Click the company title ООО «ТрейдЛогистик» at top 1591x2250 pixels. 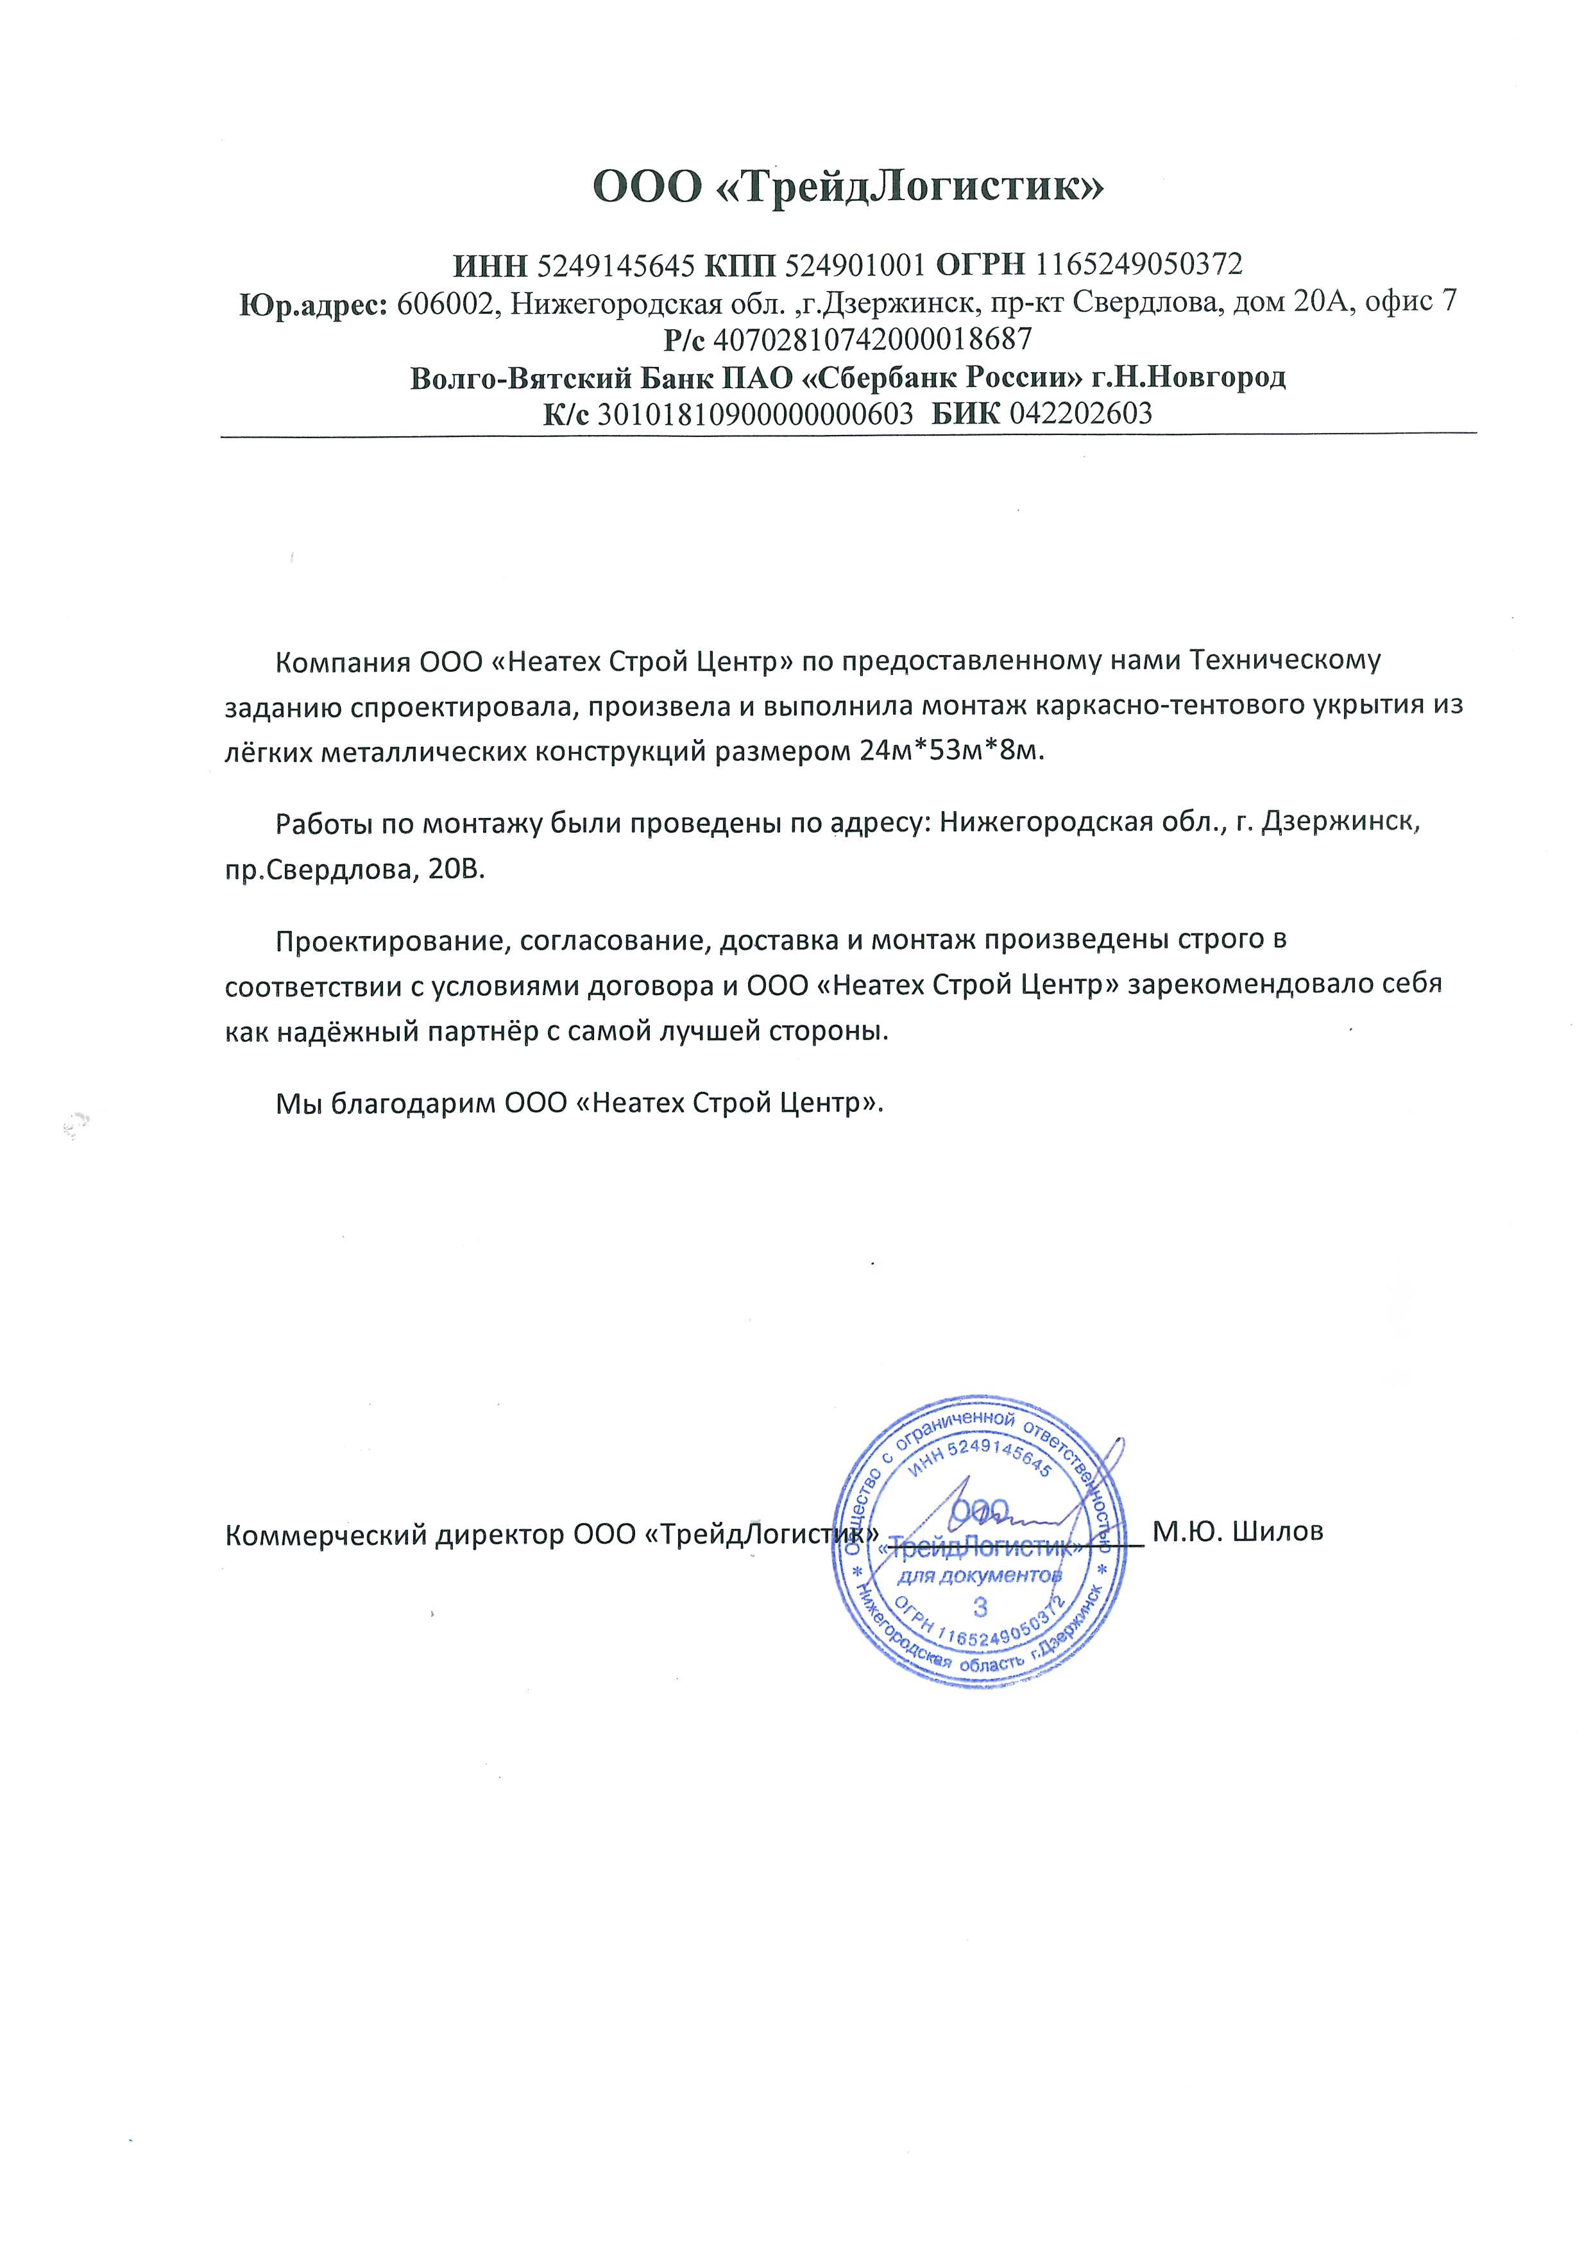847,185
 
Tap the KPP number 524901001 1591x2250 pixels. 855,264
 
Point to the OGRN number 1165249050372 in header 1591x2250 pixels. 1138,264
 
